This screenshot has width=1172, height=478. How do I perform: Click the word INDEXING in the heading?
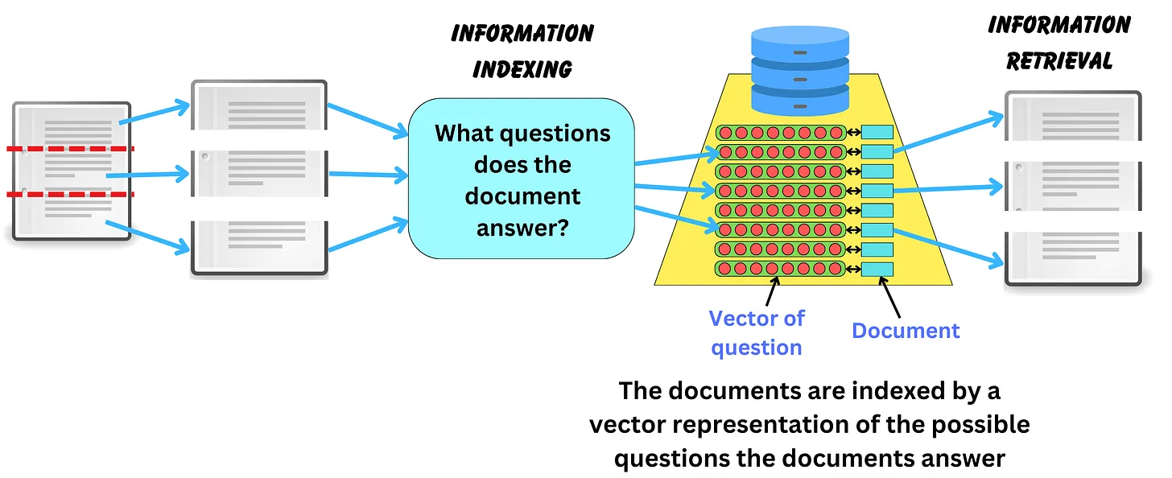[x=522, y=68]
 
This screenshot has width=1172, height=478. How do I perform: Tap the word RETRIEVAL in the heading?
[x=1059, y=61]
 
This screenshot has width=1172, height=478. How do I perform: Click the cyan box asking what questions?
[x=521, y=179]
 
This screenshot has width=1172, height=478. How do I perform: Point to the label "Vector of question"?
[x=756, y=332]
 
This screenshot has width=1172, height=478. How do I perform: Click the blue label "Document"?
[x=906, y=331]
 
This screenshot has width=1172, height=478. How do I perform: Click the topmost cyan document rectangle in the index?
[x=877, y=132]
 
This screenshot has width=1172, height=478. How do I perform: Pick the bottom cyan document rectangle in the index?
[x=877, y=269]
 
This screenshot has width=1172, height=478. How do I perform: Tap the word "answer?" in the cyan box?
[x=522, y=228]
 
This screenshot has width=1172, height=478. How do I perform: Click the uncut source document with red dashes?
[x=71, y=171]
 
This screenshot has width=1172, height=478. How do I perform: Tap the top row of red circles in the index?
[x=780, y=132]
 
